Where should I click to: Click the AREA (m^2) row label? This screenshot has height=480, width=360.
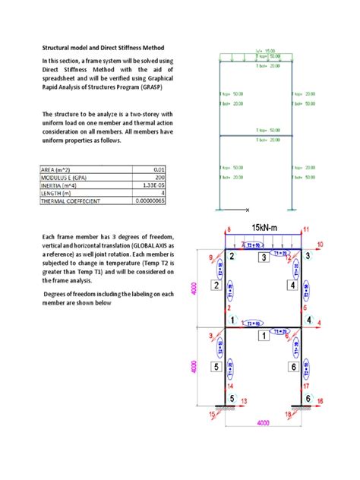pos(58,169)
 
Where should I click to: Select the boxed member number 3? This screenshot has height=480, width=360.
pos(264,258)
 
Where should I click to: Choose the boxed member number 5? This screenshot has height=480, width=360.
pos(216,367)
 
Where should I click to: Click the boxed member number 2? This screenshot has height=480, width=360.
pos(216,286)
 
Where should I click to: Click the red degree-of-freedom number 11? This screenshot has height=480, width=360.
pos(306,228)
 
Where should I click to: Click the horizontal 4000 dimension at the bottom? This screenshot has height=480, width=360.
pos(264,422)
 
